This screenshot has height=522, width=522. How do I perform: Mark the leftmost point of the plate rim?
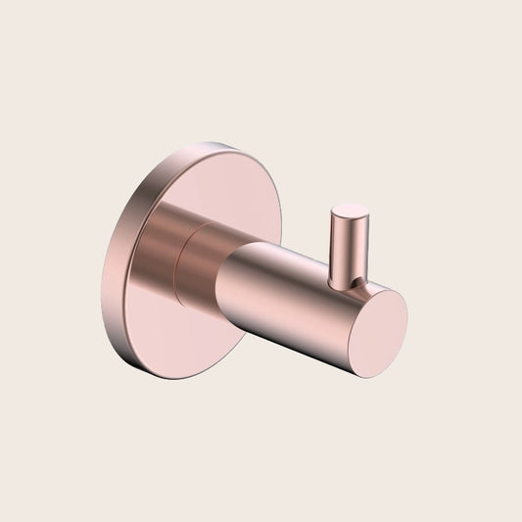pos(101,284)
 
